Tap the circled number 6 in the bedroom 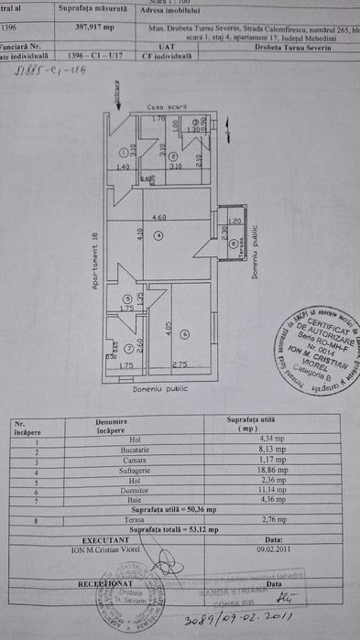(x=183, y=334)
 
